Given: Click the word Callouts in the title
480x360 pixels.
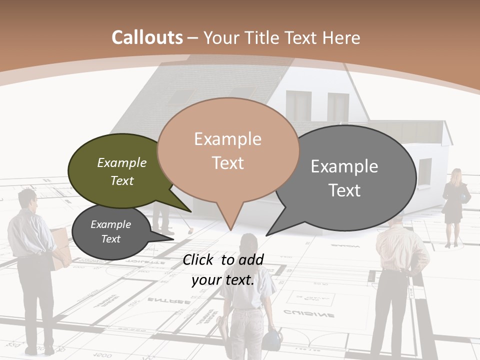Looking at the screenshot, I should point(147,37).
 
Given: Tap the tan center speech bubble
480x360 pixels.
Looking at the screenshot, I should point(228,150).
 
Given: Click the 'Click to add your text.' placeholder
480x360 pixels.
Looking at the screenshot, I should point(223,269).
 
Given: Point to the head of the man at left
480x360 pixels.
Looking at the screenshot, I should point(27,200).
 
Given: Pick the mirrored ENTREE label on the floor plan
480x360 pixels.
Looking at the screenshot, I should point(168,301).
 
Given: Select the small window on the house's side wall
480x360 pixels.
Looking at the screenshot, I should point(424,170).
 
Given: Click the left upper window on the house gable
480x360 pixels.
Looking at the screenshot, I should point(298,105).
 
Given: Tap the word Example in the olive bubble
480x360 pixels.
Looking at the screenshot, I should point(122,163).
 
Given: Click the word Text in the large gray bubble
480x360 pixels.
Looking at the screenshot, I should point(345,190).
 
